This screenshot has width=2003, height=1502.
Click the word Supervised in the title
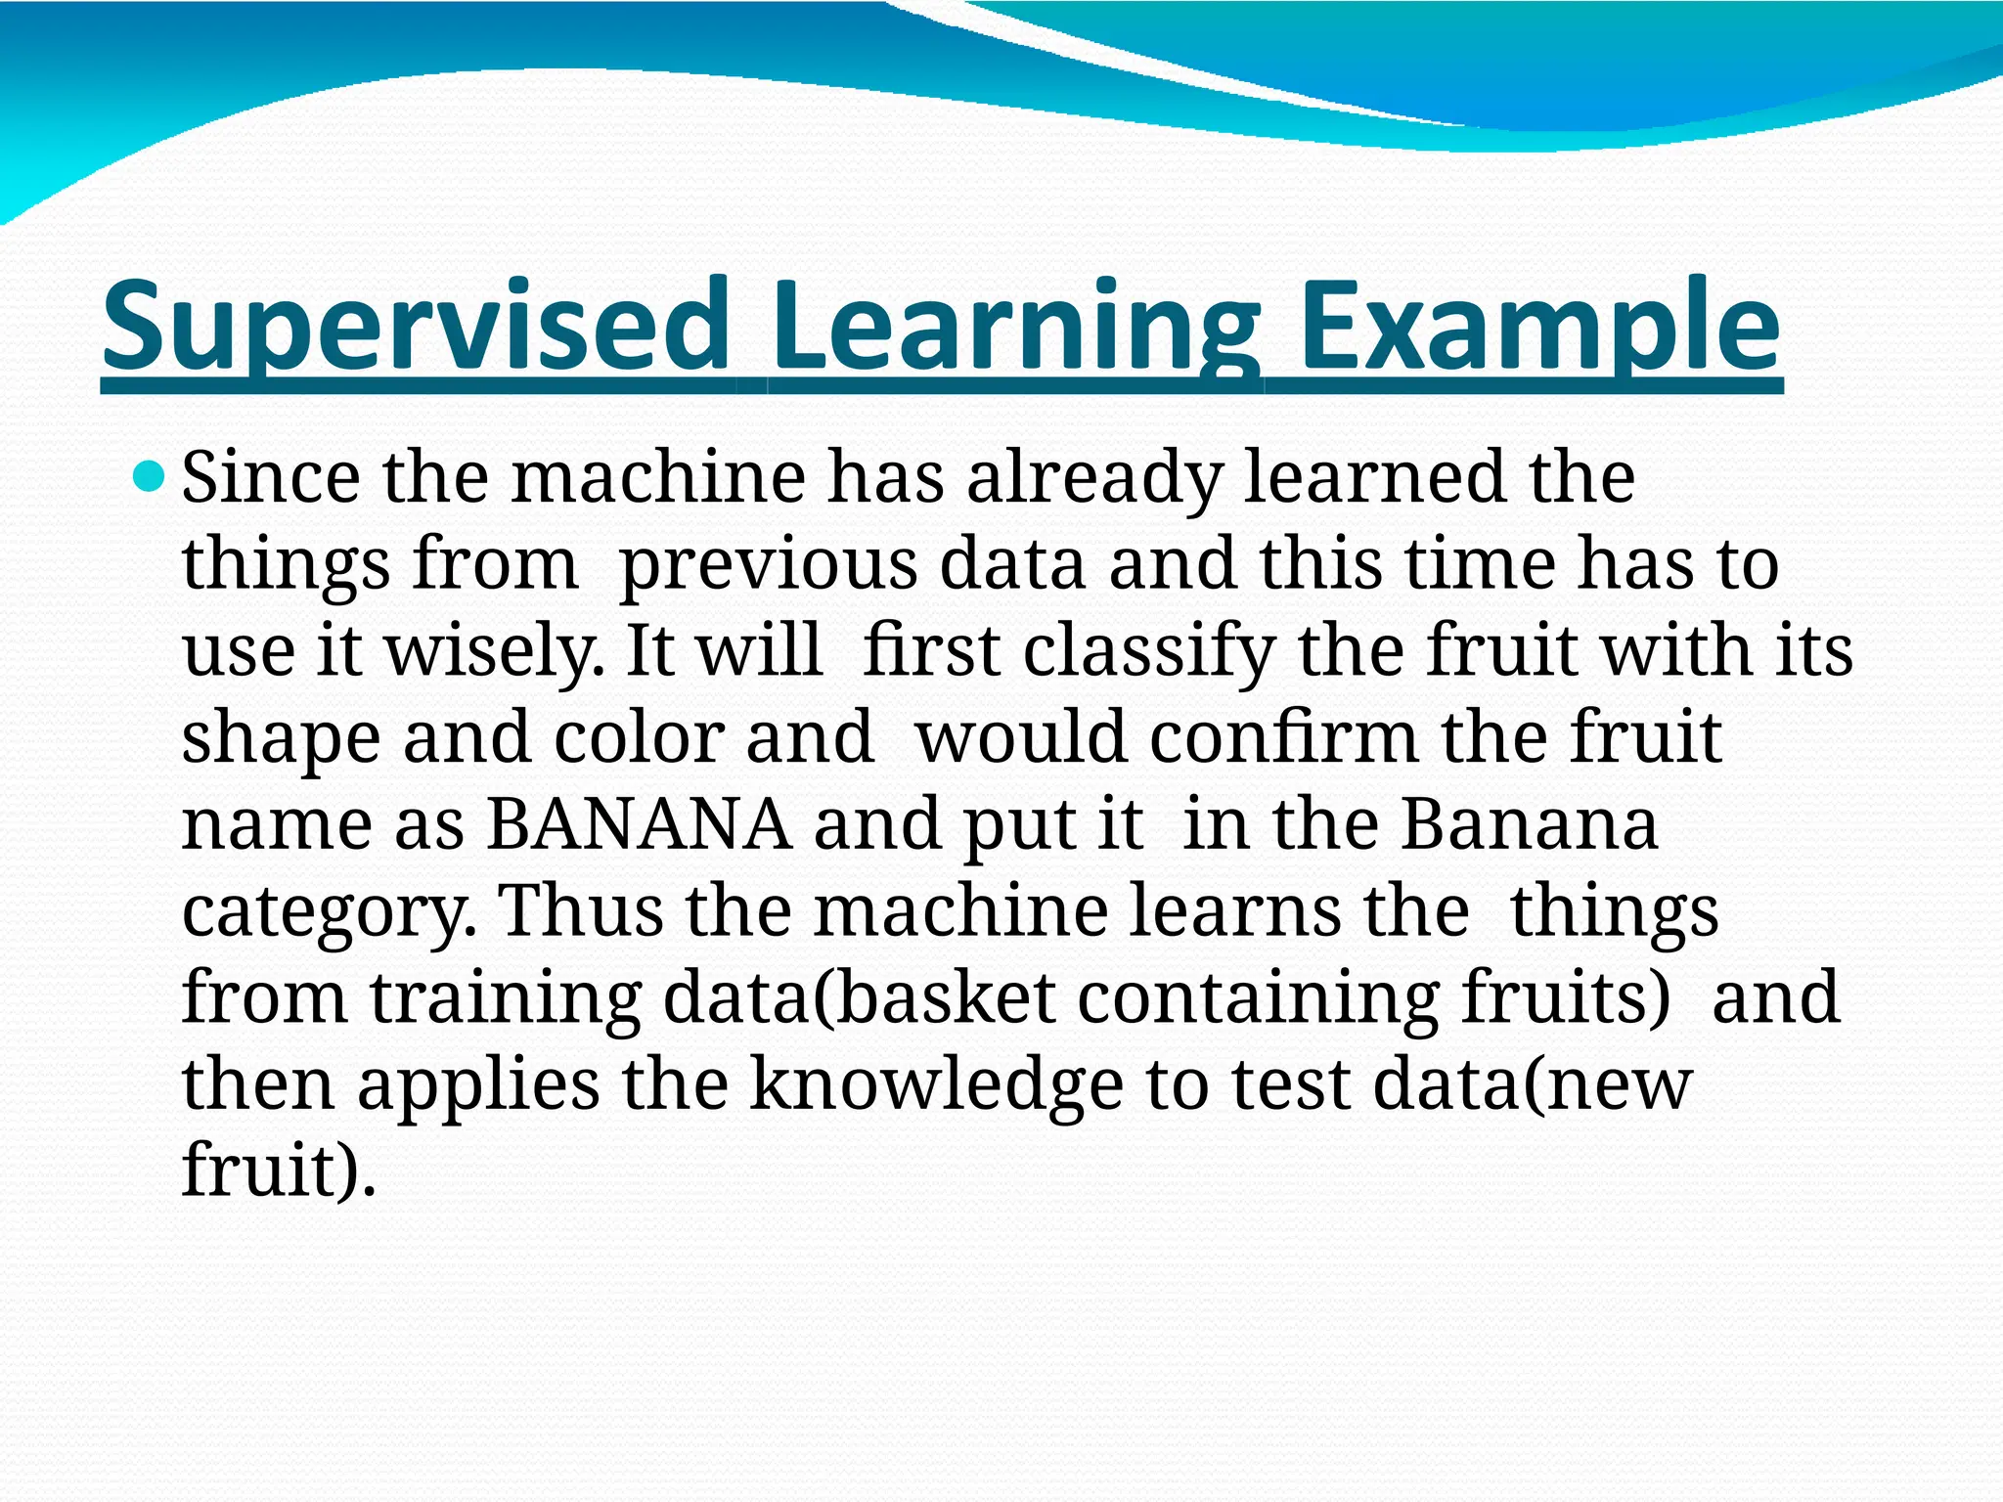(416, 328)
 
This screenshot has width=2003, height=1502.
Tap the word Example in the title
(1538, 328)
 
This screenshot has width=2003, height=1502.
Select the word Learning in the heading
(1014, 328)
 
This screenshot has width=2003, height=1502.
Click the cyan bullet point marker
(149, 478)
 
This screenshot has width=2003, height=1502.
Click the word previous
(769, 566)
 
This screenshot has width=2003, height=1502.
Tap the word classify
(1149, 652)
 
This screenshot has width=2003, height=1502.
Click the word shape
(281, 739)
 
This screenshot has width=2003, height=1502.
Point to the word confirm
(1282, 739)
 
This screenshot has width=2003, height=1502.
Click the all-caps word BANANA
(639, 825)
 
